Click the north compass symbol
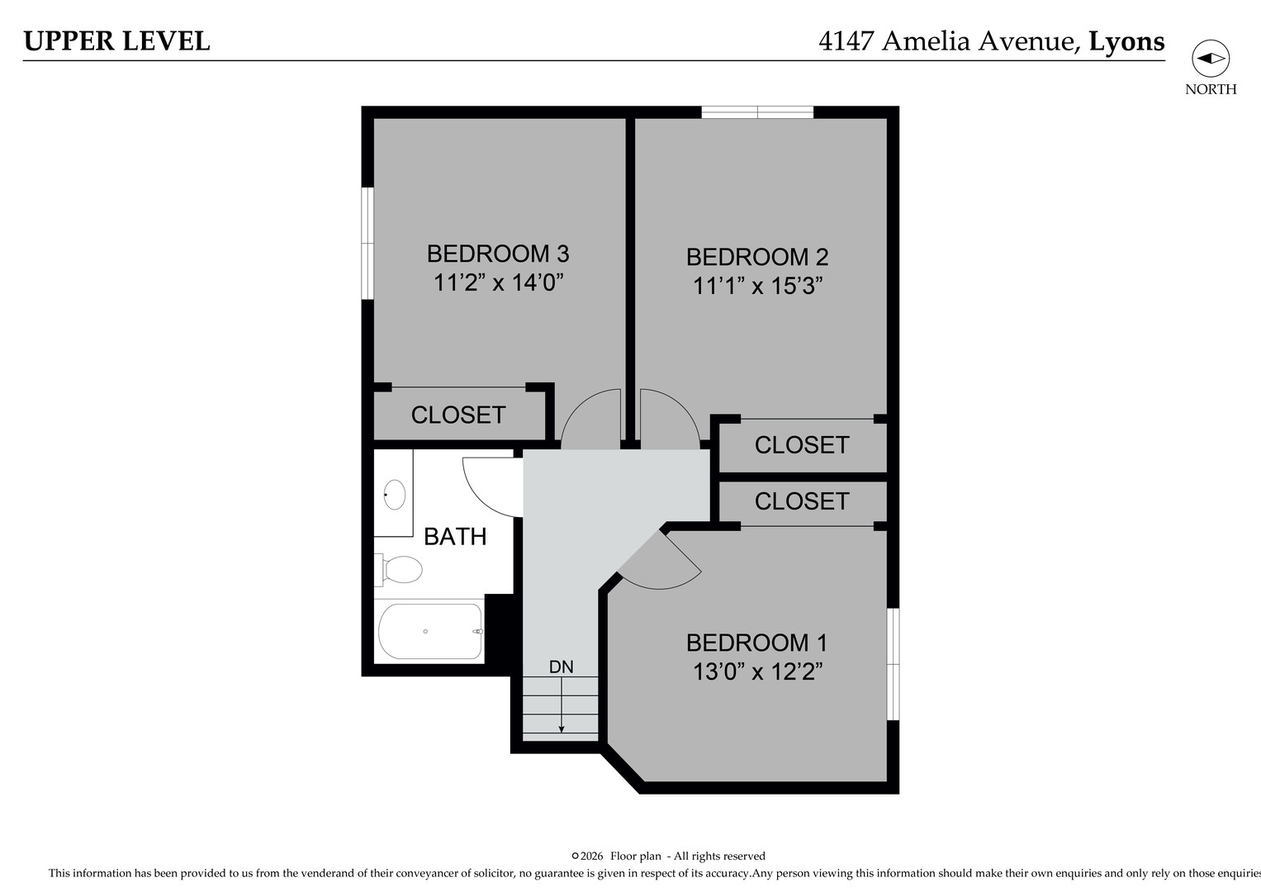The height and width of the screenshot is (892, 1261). pyautogui.click(x=1210, y=59)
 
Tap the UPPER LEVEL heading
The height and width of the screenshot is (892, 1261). pyautogui.click(x=116, y=41)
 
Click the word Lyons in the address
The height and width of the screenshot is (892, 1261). pyautogui.click(x=1126, y=41)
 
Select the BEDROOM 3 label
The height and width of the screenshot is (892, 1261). pyautogui.click(x=498, y=253)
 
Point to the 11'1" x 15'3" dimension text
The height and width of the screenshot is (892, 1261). pyautogui.click(x=757, y=287)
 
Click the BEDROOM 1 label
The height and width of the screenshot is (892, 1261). pyautogui.click(x=756, y=643)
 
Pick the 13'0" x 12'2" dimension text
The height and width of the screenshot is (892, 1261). pyautogui.click(x=757, y=672)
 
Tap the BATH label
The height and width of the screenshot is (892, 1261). pyautogui.click(x=455, y=537)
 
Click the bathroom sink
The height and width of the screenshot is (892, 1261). pyautogui.click(x=394, y=495)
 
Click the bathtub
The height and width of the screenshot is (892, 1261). pyautogui.click(x=429, y=631)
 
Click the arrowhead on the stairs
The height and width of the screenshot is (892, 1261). pyautogui.click(x=562, y=728)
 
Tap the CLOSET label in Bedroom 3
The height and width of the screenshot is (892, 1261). pyautogui.click(x=458, y=415)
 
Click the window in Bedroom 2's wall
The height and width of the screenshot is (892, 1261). pyautogui.click(x=757, y=112)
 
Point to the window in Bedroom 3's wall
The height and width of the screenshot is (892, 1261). pyautogui.click(x=367, y=243)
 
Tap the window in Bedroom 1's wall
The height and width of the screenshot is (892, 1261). pyautogui.click(x=893, y=664)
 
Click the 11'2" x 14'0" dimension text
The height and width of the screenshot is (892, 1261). pyautogui.click(x=498, y=283)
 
